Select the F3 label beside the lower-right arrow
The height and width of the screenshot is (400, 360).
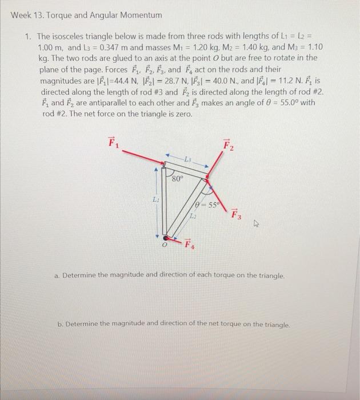click(236, 215)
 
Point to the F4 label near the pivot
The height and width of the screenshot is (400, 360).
click(188, 245)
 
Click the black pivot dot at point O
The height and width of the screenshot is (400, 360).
click(166, 237)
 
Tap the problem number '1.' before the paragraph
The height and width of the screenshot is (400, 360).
click(27, 35)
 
